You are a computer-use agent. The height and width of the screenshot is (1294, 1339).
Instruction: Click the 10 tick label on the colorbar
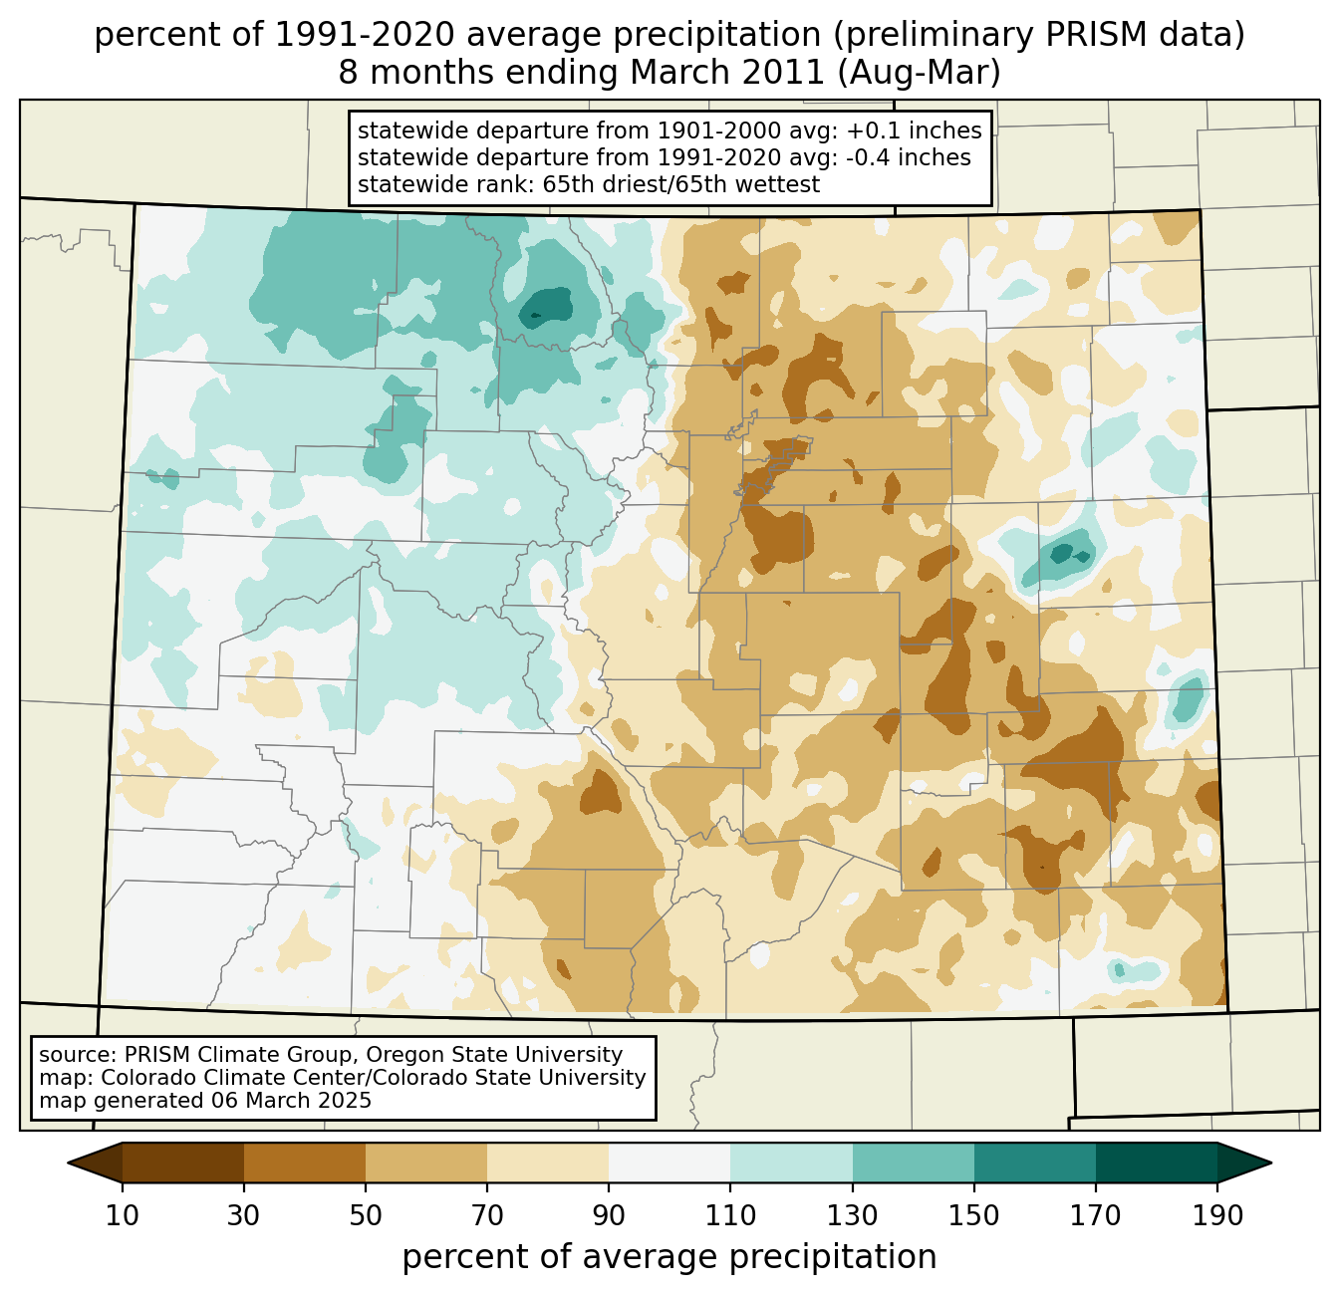(123, 1216)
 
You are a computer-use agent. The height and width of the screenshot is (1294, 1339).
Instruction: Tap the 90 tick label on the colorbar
(609, 1216)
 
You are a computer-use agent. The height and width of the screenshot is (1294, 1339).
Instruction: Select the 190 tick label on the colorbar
(1217, 1216)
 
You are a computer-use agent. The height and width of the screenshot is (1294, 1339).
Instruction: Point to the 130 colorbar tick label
(853, 1216)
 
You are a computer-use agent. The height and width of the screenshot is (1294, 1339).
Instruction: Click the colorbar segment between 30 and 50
(305, 1163)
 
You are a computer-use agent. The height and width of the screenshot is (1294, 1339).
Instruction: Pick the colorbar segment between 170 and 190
(1157, 1163)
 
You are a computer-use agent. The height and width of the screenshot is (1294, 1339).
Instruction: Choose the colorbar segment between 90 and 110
(669, 1163)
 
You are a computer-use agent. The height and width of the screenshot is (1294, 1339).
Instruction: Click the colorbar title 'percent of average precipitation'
(669, 1257)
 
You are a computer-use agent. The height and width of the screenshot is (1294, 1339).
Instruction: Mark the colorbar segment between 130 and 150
(914, 1163)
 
